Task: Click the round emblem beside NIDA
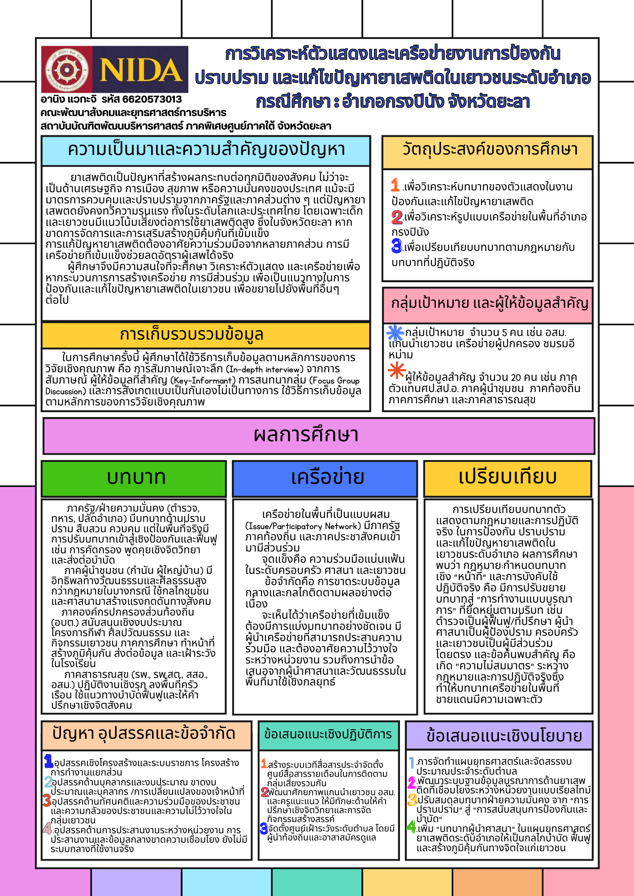pos(67,70)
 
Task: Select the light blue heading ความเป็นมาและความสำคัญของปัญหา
pos(206,150)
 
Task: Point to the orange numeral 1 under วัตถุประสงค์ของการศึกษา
pos(395,185)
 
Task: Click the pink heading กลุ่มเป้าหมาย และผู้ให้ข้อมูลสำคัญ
pos(489,303)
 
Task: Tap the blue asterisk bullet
pos(395,333)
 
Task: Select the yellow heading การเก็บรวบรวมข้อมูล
pos(192,334)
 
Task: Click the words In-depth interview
pos(265,370)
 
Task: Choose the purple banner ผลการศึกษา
pos(306,435)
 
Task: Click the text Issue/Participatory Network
pos(303,526)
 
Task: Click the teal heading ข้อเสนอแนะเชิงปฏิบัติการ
pos(328,734)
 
